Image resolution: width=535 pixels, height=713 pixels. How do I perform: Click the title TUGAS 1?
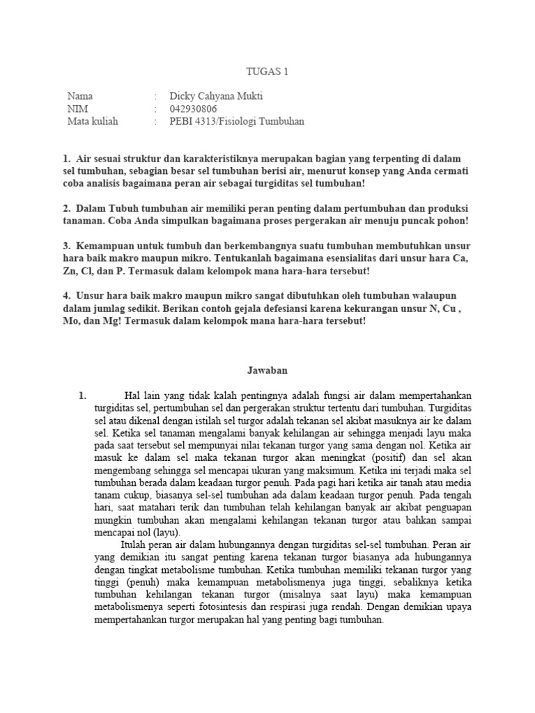[267, 71]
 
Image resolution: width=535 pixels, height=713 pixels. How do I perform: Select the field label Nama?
[79, 96]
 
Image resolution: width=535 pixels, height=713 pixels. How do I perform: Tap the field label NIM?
[77, 109]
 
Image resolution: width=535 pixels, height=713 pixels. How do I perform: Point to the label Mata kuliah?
[93, 121]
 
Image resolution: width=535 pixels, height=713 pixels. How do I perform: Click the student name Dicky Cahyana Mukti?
[218, 96]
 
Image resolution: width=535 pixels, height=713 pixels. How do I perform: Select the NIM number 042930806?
[193, 109]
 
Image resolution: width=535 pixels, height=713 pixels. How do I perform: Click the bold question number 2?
[65, 209]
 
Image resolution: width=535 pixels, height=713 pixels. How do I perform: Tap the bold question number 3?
[65, 246]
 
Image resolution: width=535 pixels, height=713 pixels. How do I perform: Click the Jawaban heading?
[267, 370]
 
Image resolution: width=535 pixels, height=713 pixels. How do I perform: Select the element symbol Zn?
[68, 272]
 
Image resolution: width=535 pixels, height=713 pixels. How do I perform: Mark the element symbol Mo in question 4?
[71, 322]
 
